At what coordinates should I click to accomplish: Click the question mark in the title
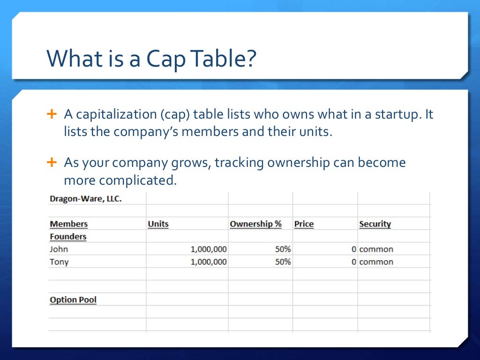pyautogui.click(x=250, y=59)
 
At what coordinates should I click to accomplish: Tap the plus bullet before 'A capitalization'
pyautogui.click(x=52, y=114)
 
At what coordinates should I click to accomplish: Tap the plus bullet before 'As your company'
pyautogui.click(x=52, y=163)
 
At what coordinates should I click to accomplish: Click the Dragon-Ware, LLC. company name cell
pyautogui.click(x=85, y=199)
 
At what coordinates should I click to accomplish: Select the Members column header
pyautogui.click(x=68, y=224)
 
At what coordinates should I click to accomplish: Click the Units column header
pyautogui.click(x=158, y=224)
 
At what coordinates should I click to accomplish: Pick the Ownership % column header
pyautogui.click(x=255, y=224)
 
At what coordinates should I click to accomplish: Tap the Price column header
pyautogui.click(x=304, y=224)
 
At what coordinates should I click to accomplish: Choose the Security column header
pyautogui.click(x=375, y=224)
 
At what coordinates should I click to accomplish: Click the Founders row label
pyautogui.click(x=68, y=237)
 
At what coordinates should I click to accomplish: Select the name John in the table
pyautogui.click(x=59, y=249)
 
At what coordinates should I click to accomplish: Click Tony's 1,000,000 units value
pyautogui.click(x=208, y=262)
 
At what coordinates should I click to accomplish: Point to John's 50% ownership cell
pyautogui.click(x=283, y=249)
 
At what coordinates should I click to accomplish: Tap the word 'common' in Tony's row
pyautogui.click(x=376, y=262)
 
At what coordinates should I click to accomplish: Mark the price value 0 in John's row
pyautogui.click(x=354, y=249)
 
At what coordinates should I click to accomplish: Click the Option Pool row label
pyautogui.click(x=73, y=300)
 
